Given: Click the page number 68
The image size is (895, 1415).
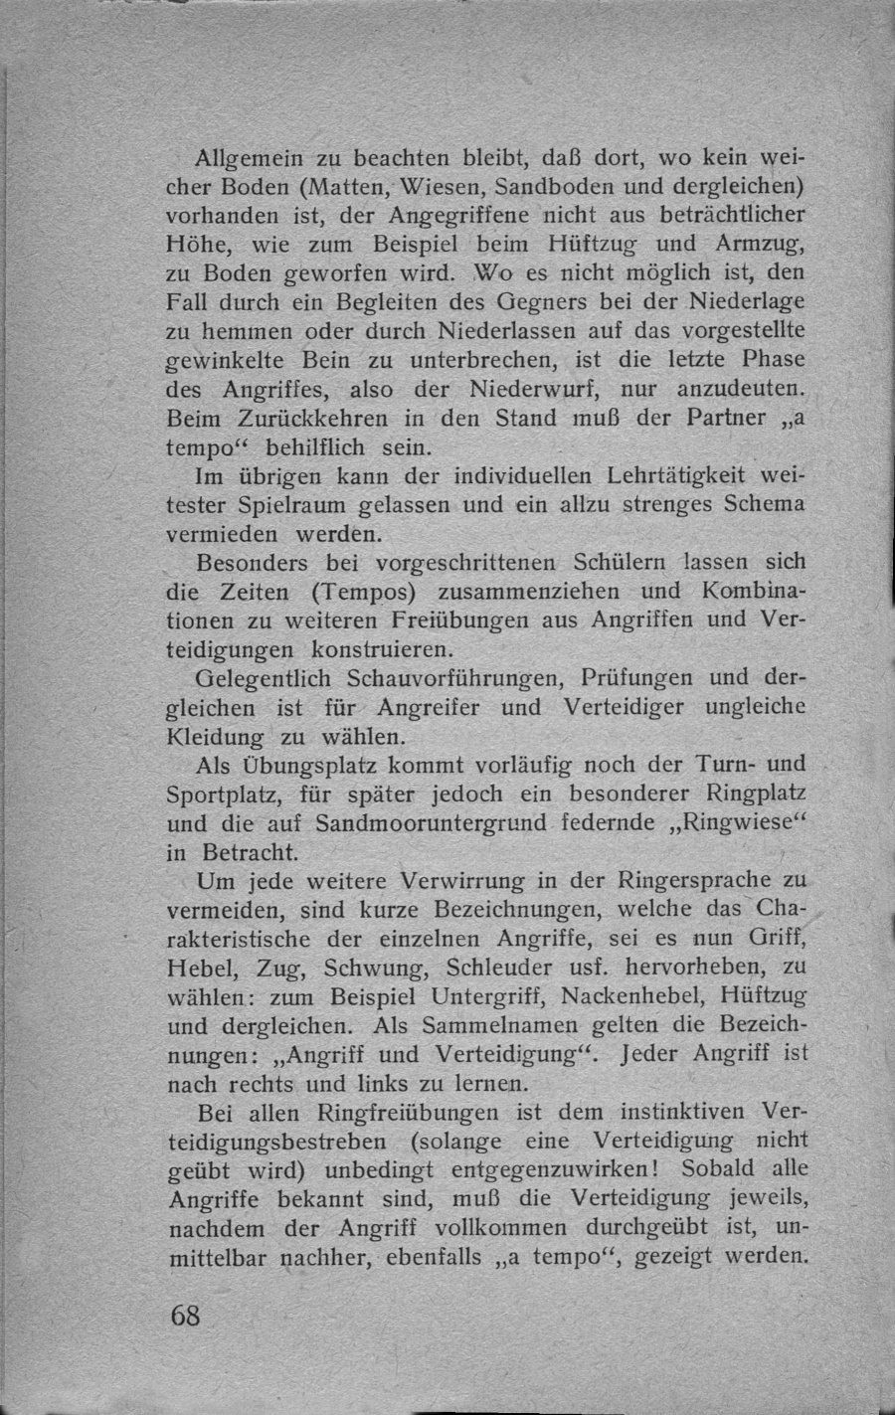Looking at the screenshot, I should click(186, 1316).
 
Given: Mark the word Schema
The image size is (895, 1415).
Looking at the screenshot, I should click(767, 503).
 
